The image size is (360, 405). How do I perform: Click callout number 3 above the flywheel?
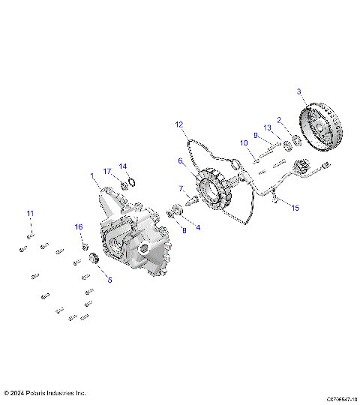coord(299,91)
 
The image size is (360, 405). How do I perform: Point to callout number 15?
coord(295,208)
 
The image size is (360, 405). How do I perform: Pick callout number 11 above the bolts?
coord(31,214)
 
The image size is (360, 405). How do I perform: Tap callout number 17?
coord(107,171)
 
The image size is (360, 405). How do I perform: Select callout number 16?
coord(79,226)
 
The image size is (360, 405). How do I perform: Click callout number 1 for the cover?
coord(92,176)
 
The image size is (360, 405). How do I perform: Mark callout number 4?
coord(197,226)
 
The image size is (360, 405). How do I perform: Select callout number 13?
coord(266,127)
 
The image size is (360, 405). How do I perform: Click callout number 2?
coord(280,119)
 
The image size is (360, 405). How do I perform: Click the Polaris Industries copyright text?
coord(45,392)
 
